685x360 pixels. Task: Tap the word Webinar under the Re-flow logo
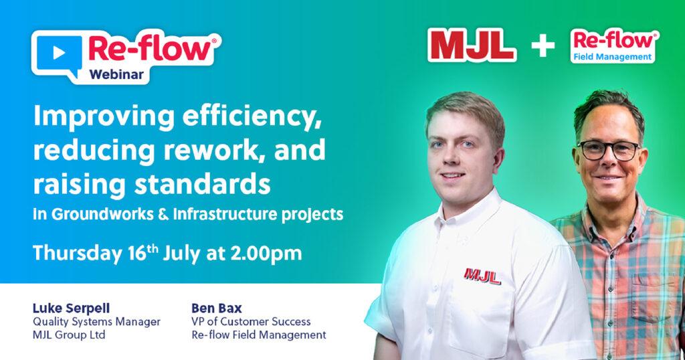coord(116,74)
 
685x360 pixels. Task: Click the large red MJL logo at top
coord(472,45)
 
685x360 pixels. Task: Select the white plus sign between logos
coord(543,45)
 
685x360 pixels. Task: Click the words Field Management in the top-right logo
coord(613,57)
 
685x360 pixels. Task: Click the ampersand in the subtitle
coord(164,215)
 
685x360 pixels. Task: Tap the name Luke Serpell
coord(71,308)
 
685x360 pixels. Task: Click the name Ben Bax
coord(216,308)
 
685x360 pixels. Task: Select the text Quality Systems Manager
coord(96,322)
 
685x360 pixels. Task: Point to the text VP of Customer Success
coord(251,322)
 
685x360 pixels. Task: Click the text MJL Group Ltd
coord(69,335)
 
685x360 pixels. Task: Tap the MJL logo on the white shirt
coord(482,276)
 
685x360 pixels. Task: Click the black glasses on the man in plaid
coord(609,151)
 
